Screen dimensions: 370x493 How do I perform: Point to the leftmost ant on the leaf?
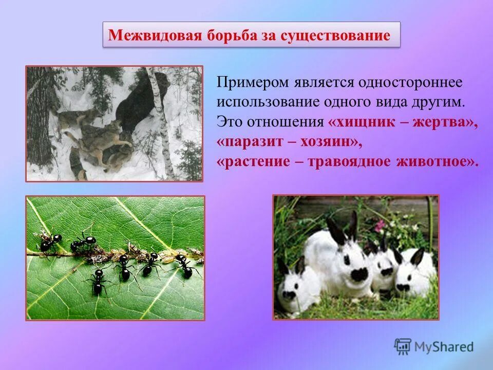[x=50, y=241]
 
